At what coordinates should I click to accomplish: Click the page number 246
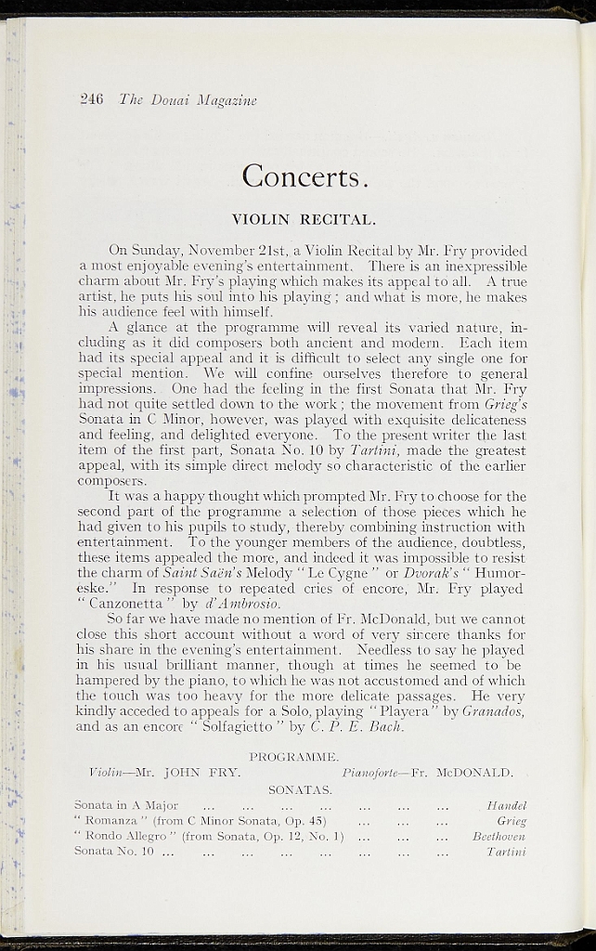(92, 99)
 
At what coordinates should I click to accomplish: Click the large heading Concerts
(306, 175)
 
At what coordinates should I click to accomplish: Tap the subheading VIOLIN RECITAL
(303, 220)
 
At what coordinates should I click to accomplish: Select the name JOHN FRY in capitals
(202, 772)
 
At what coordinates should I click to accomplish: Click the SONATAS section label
(300, 789)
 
